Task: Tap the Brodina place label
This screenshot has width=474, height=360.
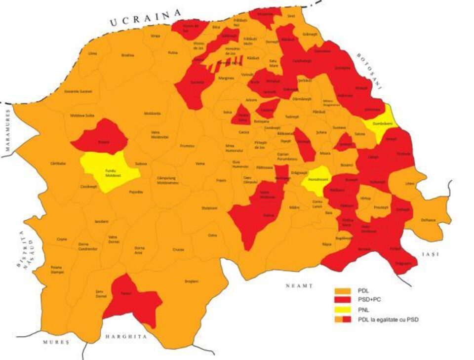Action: click(x=127, y=55)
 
